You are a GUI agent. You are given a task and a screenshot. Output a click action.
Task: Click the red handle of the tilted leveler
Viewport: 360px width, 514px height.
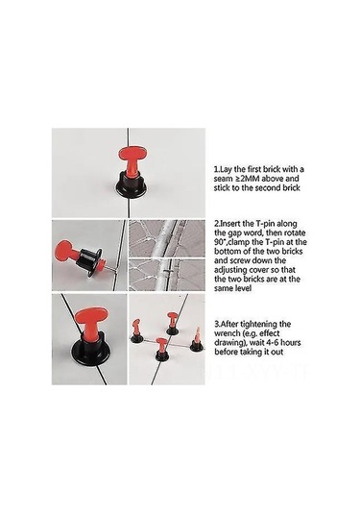click(68, 250)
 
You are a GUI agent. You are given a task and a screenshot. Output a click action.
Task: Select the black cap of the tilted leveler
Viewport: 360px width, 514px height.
click(90, 262)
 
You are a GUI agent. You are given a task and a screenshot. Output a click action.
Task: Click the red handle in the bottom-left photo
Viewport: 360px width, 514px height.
click(89, 322)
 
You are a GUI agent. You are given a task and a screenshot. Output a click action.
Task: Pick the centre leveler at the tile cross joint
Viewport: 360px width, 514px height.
click(161, 349)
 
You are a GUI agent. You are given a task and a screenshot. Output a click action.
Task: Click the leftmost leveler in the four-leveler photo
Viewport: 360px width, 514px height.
click(136, 331)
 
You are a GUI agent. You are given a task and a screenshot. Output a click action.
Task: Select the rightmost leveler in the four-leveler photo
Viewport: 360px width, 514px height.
click(197, 340)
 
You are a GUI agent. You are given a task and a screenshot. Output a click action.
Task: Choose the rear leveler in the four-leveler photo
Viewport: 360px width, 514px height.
click(173, 324)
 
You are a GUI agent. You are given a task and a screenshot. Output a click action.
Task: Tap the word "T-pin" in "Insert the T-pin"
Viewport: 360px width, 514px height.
click(265, 224)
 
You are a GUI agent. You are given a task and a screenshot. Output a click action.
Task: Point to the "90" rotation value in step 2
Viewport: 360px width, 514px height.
click(218, 242)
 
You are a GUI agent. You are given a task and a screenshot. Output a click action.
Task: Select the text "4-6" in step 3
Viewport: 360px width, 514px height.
click(272, 343)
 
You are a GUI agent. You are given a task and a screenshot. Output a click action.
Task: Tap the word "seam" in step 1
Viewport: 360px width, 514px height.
click(223, 179)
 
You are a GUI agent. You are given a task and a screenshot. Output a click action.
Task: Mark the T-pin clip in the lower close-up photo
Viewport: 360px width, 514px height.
click(167, 272)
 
